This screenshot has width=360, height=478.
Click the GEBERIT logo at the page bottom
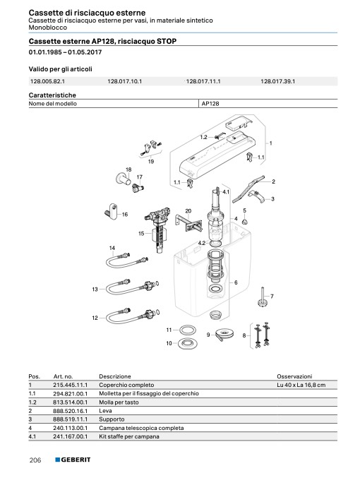tap(73, 460)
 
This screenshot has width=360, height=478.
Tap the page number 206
tap(35, 460)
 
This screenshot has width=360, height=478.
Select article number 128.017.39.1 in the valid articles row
tap(277, 81)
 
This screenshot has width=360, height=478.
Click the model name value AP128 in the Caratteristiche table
tap(210, 104)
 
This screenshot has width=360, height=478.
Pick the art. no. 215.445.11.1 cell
tap(70, 385)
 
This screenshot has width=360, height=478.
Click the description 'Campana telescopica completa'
tap(141, 428)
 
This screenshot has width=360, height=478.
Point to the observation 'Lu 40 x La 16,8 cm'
tap(301, 385)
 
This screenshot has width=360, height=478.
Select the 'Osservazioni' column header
tap(294, 376)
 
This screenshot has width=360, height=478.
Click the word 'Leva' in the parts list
tap(105, 411)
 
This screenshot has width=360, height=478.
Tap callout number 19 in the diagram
tap(151, 162)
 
